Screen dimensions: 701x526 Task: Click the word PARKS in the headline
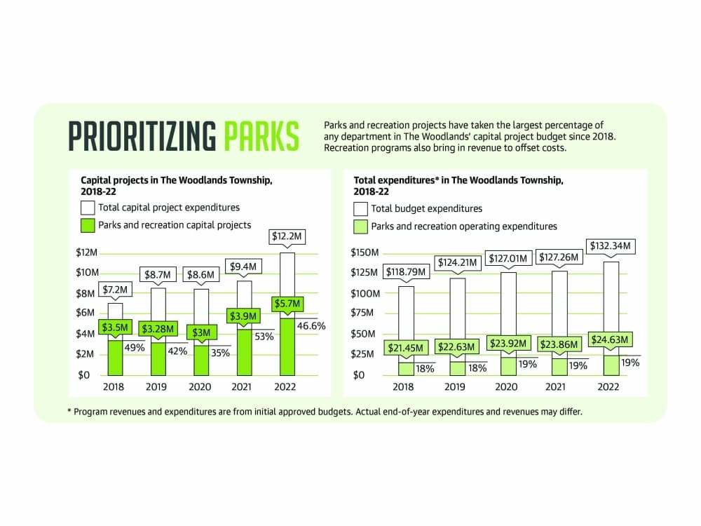pyautogui.click(x=261, y=136)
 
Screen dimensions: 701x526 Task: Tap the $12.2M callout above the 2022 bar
pyautogui.click(x=287, y=236)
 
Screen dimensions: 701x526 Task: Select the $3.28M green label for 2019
pyautogui.click(x=158, y=329)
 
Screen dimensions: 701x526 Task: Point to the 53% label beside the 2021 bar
pyautogui.click(x=264, y=337)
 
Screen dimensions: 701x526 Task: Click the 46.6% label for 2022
pyautogui.click(x=311, y=325)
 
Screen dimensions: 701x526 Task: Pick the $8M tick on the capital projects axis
pyautogui.click(x=85, y=294)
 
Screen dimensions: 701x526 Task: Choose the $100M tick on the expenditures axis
pyautogui.click(x=365, y=294)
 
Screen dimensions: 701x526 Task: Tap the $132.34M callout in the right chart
pyautogui.click(x=611, y=246)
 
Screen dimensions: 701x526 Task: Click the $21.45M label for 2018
pyautogui.click(x=405, y=348)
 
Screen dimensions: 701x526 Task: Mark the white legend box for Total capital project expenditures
pyautogui.click(x=88, y=208)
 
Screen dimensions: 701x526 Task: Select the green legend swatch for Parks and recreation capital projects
pyautogui.click(x=88, y=225)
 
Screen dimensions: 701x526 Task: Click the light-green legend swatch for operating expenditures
pyautogui.click(x=360, y=227)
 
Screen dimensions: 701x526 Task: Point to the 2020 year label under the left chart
pyautogui.click(x=199, y=387)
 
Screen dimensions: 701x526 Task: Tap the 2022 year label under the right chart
pyautogui.click(x=608, y=387)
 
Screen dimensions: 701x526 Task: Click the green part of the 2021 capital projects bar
pyautogui.click(x=244, y=353)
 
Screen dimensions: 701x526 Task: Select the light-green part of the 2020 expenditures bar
pyautogui.click(x=508, y=366)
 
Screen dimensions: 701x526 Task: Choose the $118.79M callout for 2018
pyautogui.click(x=406, y=272)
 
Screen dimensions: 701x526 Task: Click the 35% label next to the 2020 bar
pyautogui.click(x=220, y=353)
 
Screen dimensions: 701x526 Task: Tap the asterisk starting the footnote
pyautogui.click(x=69, y=411)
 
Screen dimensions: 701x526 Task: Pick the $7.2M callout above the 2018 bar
pyautogui.click(x=115, y=290)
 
